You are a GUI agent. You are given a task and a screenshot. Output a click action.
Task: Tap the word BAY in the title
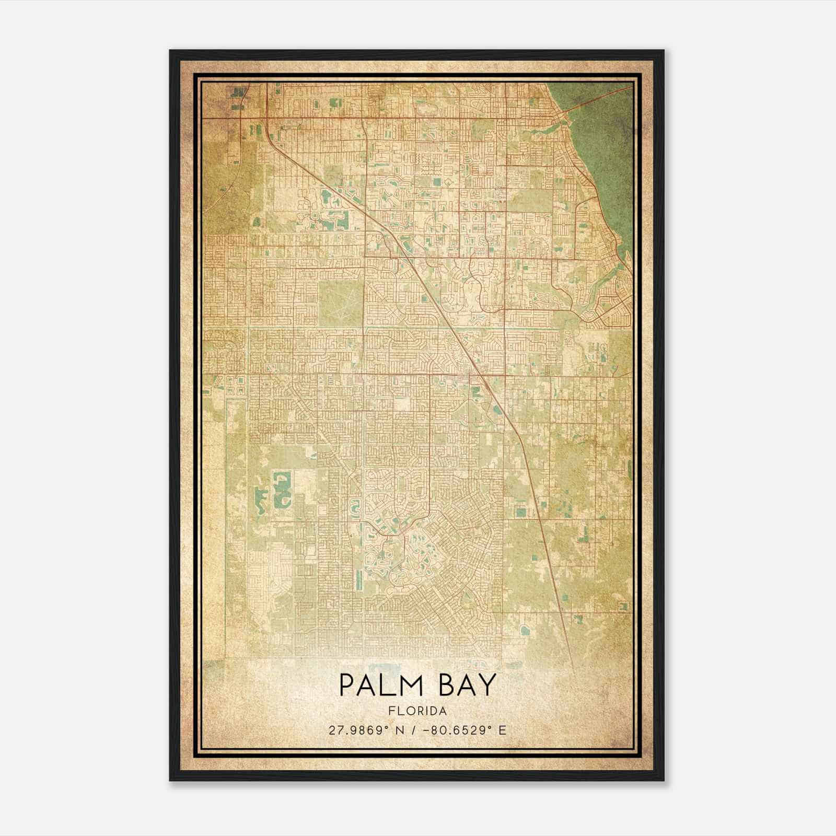click(x=467, y=686)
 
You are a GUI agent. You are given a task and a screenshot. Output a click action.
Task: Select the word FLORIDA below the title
click(x=417, y=711)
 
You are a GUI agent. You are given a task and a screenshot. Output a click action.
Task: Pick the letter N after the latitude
click(x=400, y=730)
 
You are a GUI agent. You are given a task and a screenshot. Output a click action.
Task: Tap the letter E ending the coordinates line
click(x=503, y=730)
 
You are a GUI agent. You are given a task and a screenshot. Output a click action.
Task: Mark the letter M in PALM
click(x=413, y=686)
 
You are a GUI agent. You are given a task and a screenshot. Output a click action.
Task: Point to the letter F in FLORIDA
click(x=391, y=711)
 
